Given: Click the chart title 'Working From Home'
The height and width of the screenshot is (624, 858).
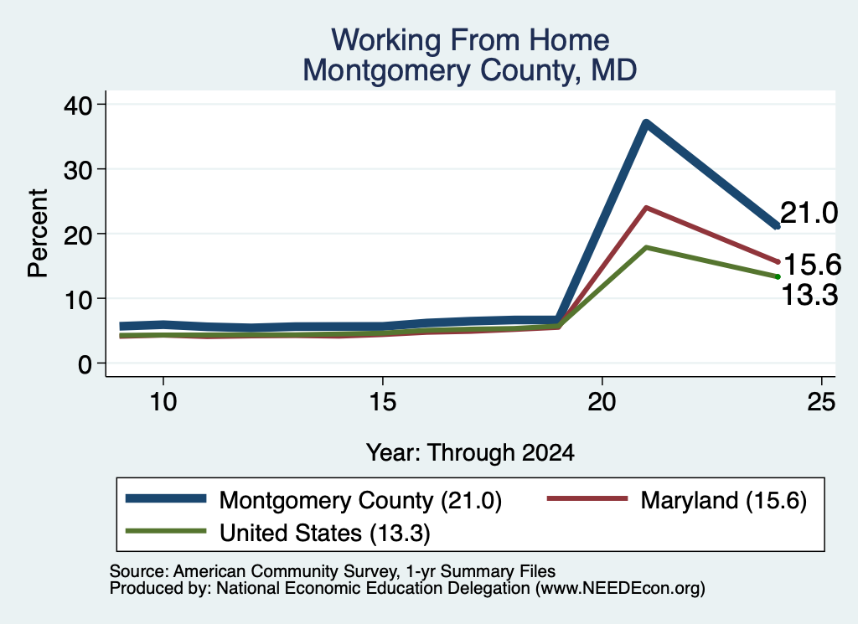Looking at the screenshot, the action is [470, 40].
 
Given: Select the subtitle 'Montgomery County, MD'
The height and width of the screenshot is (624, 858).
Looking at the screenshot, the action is [470, 71].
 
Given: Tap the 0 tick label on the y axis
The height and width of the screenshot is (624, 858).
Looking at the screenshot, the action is [85, 364].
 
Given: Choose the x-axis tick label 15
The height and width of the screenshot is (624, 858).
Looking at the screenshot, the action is [382, 402].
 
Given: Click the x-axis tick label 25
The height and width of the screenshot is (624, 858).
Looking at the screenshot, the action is [821, 402].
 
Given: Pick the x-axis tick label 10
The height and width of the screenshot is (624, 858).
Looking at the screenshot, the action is [163, 402].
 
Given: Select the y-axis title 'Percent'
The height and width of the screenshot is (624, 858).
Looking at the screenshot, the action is [38, 234].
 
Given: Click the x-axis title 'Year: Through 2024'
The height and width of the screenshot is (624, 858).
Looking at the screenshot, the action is [470, 453].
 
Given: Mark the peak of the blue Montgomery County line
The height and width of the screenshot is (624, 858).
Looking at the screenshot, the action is [646, 123].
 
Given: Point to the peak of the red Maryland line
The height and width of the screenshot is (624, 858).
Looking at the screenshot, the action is [646, 208].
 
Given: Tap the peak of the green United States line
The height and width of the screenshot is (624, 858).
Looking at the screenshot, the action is [646, 247].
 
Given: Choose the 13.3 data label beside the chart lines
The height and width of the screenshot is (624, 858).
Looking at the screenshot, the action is [809, 296].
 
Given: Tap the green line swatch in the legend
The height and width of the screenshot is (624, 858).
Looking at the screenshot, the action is [166, 531].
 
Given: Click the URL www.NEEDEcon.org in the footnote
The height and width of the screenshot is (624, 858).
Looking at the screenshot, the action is [619, 589].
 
